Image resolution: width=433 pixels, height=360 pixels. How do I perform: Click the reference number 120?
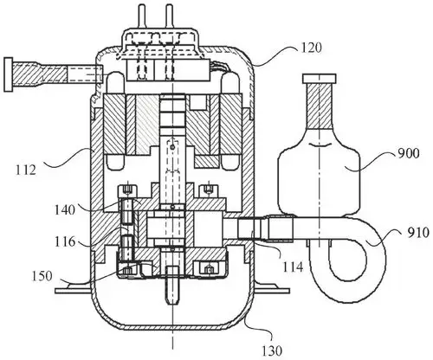312,48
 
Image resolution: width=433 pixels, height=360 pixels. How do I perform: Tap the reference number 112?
26,170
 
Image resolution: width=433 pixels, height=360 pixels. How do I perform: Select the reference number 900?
409,153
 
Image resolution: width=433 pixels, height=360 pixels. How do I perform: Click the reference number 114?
293,267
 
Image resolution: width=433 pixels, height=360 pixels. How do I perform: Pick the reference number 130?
272,350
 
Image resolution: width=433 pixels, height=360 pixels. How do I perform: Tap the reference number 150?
42,276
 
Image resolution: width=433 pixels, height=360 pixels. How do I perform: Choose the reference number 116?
65,241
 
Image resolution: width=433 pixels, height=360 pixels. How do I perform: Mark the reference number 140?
65,209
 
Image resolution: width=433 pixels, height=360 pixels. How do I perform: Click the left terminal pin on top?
141,16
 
